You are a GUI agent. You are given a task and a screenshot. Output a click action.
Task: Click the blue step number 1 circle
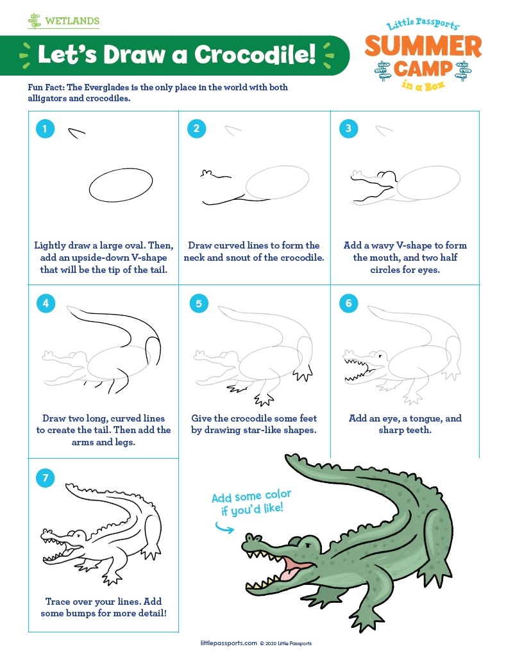(44, 129)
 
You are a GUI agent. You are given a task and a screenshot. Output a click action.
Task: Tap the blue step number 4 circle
(45, 302)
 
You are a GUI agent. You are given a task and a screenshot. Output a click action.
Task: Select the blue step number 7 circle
(45, 477)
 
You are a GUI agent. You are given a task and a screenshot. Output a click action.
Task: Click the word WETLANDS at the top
(72, 21)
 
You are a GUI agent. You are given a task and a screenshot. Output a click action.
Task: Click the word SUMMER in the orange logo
(423, 47)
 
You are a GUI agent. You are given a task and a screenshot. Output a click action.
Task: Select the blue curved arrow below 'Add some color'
(224, 527)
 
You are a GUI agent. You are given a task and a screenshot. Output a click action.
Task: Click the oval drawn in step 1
(120, 185)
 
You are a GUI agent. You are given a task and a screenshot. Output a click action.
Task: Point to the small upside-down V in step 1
(77, 133)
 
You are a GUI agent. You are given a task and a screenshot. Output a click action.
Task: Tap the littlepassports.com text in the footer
(228, 643)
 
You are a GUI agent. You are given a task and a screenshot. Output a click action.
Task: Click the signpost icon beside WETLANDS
(35, 21)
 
